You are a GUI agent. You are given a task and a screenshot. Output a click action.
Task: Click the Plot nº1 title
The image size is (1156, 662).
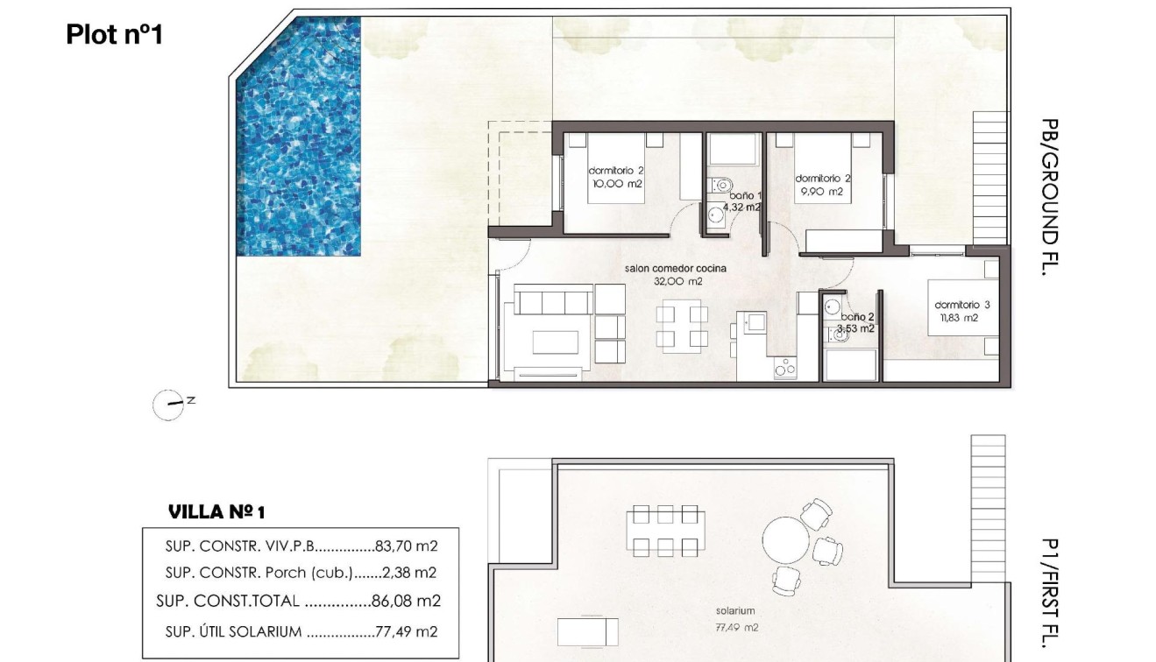[x=114, y=35]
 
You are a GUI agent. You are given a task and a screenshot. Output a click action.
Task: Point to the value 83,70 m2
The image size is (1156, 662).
[x=405, y=546]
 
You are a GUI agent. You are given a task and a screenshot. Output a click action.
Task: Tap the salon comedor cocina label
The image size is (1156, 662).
[x=676, y=269]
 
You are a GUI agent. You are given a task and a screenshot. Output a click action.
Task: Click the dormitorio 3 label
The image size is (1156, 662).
[x=961, y=305]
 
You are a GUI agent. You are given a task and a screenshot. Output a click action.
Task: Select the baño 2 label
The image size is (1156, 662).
[x=857, y=317]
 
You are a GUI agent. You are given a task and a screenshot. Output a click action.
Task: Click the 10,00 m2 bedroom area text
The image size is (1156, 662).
[x=616, y=184]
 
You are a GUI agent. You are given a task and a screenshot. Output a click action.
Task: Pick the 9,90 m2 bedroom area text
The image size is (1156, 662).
[x=822, y=191]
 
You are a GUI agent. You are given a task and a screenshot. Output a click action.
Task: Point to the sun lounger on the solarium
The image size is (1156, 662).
[x=587, y=630]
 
